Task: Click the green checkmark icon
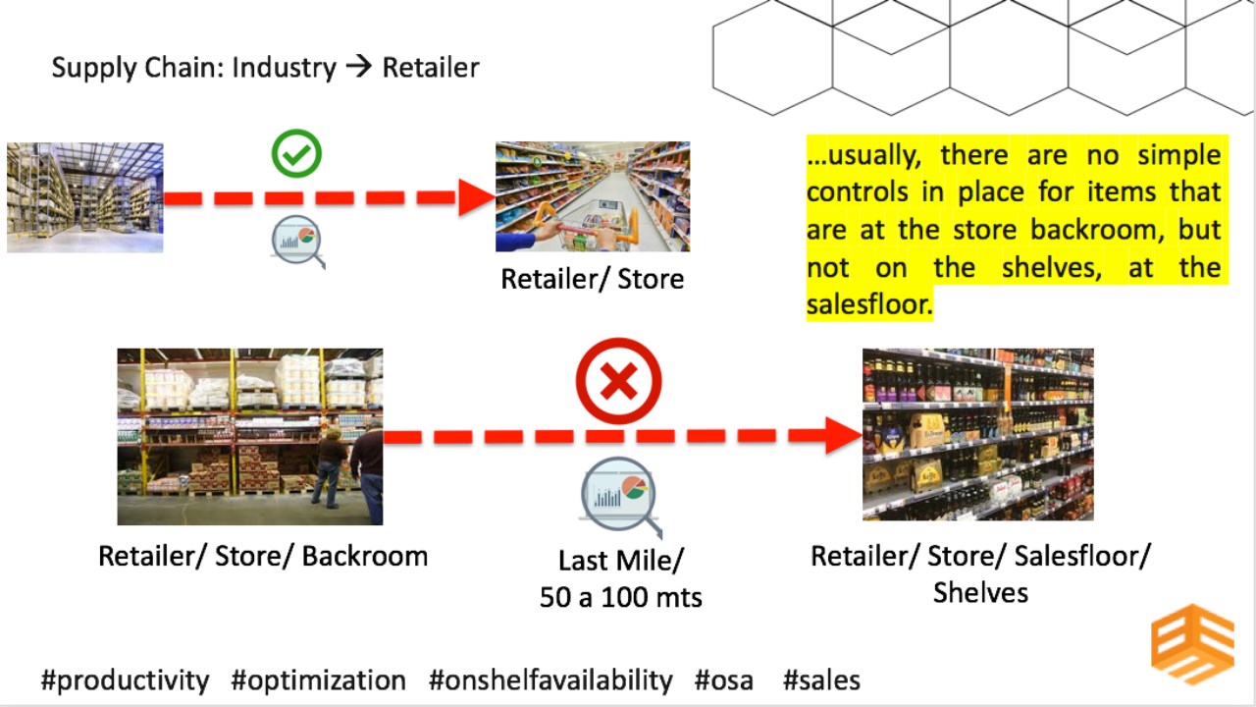[x=296, y=153]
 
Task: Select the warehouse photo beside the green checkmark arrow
[x=85, y=197]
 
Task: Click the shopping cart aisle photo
[x=593, y=196]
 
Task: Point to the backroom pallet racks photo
[x=250, y=437]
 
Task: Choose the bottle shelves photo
[x=978, y=434]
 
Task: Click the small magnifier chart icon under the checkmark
[x=297, y=242]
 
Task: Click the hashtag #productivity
[x=125, y=680]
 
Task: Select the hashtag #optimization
[x=319, y=680]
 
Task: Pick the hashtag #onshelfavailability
[x=550, y=680]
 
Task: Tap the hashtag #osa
[x=724, y=680]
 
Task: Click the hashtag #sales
[x=821, y=680]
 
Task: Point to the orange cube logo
[x=1192, y=644]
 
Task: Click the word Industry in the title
[x=285, y=68]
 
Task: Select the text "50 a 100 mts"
[x=621, y=597]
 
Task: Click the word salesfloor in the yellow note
[x=869, y=304]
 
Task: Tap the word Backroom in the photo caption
[x=365, y=556]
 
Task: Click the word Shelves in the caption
[x=980, y=592]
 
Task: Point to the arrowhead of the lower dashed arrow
[x=844, y=436]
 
